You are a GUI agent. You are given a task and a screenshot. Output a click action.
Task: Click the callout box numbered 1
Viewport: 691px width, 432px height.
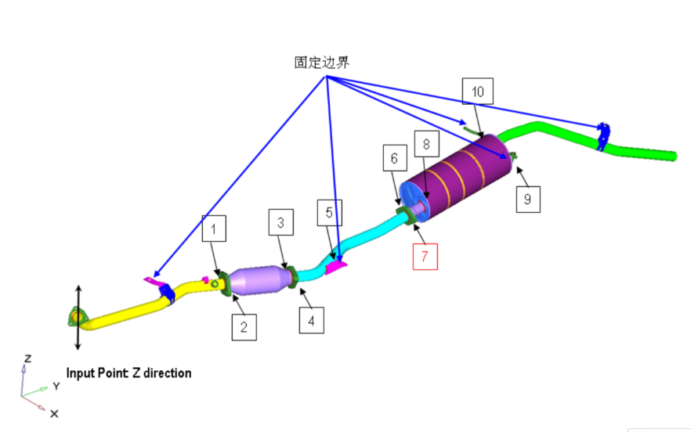214,229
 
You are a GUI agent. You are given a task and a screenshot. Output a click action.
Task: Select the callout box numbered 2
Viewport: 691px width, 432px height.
244,327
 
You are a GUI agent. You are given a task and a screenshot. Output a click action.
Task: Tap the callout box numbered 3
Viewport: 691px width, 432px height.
281,222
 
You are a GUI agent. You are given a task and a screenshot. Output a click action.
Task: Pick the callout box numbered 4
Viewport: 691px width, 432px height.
312,320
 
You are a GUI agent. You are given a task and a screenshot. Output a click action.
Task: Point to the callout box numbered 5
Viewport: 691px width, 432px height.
330,213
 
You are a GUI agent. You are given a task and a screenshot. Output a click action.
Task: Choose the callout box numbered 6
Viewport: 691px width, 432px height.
395,157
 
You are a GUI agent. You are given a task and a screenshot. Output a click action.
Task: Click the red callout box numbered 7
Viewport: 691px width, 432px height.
425,256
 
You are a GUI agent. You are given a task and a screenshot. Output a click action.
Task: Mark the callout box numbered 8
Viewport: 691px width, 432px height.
426,143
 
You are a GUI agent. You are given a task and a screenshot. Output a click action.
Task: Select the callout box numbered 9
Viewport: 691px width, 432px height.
528,200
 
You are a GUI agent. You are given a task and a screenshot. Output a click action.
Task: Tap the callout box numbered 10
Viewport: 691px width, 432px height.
478,91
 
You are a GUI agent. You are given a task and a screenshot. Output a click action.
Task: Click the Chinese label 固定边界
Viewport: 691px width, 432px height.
322,63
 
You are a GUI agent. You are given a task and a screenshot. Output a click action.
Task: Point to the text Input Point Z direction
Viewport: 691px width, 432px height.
128,373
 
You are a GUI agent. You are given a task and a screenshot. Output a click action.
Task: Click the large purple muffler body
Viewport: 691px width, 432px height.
458,176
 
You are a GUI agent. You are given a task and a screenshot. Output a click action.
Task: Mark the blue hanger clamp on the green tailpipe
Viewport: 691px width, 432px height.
602,137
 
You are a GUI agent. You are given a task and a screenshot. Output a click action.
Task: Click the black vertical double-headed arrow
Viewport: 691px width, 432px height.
78,318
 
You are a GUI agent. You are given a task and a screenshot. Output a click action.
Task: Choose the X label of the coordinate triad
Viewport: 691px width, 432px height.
54,414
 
